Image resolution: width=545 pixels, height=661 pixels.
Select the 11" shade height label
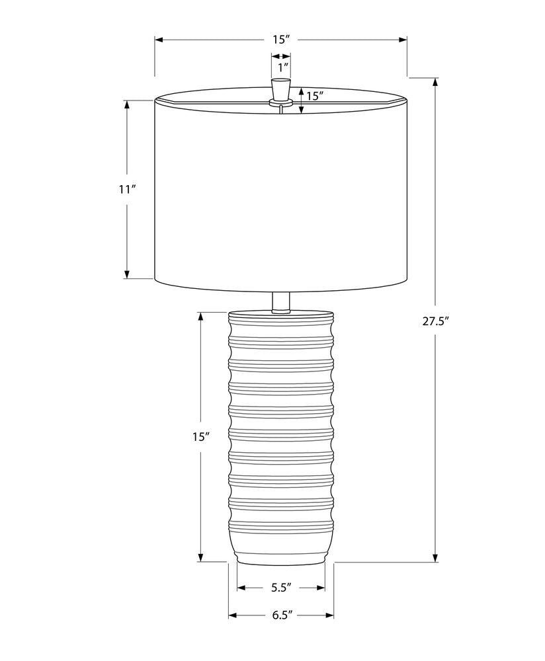coord(128,190)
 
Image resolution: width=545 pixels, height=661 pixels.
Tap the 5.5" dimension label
coord(281,587)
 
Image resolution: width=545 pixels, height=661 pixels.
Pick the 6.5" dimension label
coord(281,615)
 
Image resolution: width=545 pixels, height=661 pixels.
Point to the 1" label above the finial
coord(282,67)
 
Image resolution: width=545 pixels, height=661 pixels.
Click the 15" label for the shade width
coord(281,40)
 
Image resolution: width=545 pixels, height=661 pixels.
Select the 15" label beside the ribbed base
coord(201,437)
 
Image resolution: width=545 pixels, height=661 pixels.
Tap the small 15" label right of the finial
coord(314,96)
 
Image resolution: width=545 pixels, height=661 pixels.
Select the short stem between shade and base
coord(281,301)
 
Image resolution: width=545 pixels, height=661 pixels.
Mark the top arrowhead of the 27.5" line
coord(435,82)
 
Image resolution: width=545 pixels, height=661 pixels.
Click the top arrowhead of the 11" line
coord(128,104)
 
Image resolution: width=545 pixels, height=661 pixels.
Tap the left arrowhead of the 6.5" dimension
coord(233,615)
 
